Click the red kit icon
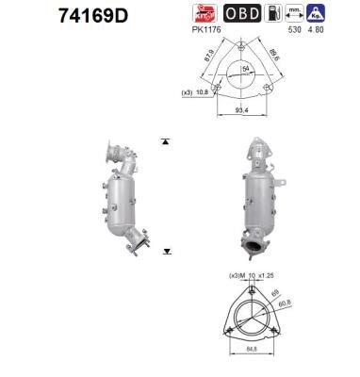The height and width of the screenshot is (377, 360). [202, 14]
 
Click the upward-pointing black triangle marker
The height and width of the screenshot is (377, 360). [166, 141]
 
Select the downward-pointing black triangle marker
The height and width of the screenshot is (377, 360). [166, 252]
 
